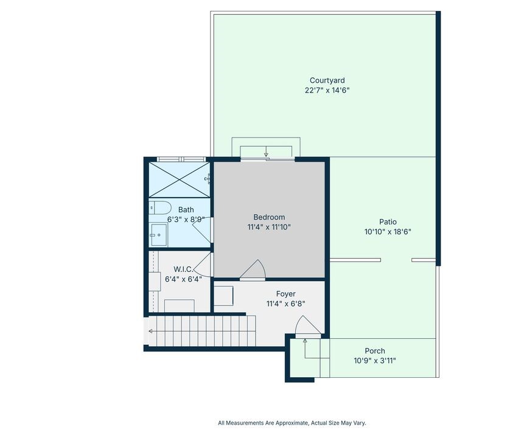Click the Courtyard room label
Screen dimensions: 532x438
327,80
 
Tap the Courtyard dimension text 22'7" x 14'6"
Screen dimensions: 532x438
327,90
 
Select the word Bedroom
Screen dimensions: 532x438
269,217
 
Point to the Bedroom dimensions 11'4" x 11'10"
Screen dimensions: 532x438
269,227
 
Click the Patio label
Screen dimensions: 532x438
388,221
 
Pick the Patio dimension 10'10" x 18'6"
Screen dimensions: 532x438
388,232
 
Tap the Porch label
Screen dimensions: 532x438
375,351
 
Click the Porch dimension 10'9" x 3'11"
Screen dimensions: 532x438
375,361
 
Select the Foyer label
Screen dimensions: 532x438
285,294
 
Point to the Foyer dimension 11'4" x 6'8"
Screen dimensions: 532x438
285,304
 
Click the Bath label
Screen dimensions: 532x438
186,209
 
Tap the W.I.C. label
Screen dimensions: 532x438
183,269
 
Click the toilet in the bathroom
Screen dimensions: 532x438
159,207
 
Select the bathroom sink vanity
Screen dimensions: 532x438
158,235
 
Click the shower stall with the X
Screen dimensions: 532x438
179,179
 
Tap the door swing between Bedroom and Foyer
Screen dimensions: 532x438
253,270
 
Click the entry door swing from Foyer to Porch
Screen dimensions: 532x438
308,326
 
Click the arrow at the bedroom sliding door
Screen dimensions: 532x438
267,151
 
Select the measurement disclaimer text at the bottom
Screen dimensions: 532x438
292,423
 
